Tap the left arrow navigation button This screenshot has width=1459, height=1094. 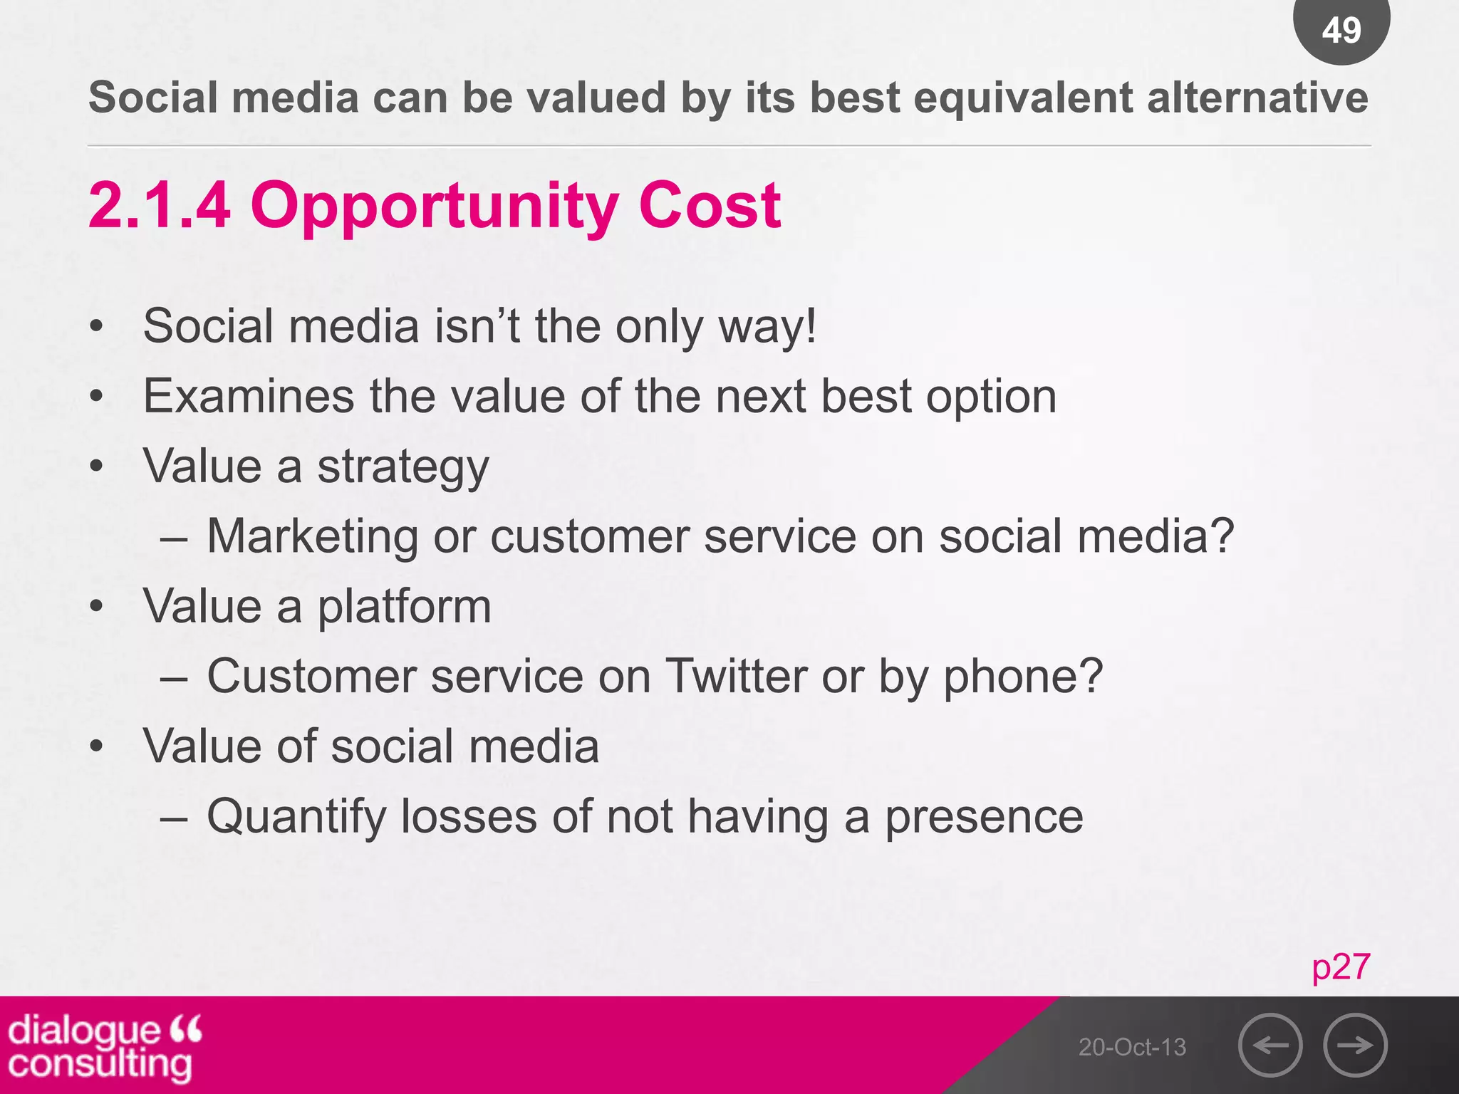tap(1270, 1045)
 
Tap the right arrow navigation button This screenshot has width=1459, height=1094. tap(1355, 1045)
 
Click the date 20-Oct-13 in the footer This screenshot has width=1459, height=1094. tap(1132, 1047)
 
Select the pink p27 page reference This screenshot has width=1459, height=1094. tap(1341, 967)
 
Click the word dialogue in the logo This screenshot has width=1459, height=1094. tap(84, 1030)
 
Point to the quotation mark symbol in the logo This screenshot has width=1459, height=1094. tap(187, 1028)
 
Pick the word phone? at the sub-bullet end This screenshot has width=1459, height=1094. tap(1023, 677)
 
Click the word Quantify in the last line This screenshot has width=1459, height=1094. tap(296, 817)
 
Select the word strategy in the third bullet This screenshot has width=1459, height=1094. tap(403, 467)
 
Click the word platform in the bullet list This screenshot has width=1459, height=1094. tap(404, 608)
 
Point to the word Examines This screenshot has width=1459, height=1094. tap(249, 397)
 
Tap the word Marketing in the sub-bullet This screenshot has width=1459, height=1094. tap(313, 536)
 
